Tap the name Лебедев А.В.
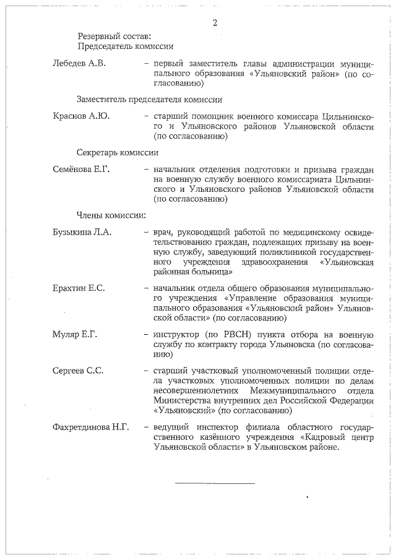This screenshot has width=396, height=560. click(x=79, y=63)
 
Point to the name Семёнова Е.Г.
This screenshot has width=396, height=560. click(x=80, y=169)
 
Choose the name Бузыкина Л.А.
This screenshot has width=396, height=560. click(x=80, y=232)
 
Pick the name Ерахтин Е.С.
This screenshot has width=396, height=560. click(x=79, y=289)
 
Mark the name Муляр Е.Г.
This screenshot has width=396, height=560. click(x=75, y=335)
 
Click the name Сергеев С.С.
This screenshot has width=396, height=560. click(x=77, y=371)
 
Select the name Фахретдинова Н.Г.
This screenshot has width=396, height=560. click(x=90, y=428)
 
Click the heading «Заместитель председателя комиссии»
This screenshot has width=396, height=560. click(x=149, y=99)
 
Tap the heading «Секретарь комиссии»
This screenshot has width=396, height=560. click(x=117, y=152)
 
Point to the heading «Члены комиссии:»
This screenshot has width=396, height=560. click(x=111, y=215)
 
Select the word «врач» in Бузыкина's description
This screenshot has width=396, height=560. click(x=163, y=232)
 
